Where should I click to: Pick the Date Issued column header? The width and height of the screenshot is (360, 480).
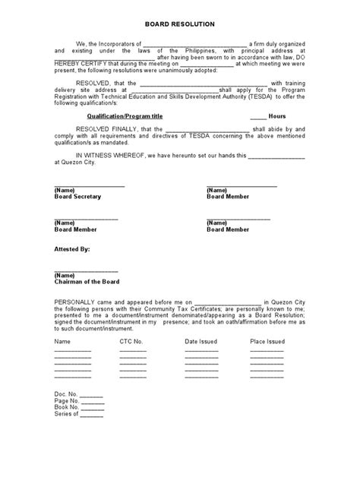[201, 342]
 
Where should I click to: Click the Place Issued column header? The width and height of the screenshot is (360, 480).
[267, 342]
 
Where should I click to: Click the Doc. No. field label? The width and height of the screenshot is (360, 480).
[66, 396]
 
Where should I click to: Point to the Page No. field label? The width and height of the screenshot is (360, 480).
[67, 402]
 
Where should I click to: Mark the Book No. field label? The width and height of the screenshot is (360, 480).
[67, 408]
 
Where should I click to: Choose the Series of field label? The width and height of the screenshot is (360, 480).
[66, 414]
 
